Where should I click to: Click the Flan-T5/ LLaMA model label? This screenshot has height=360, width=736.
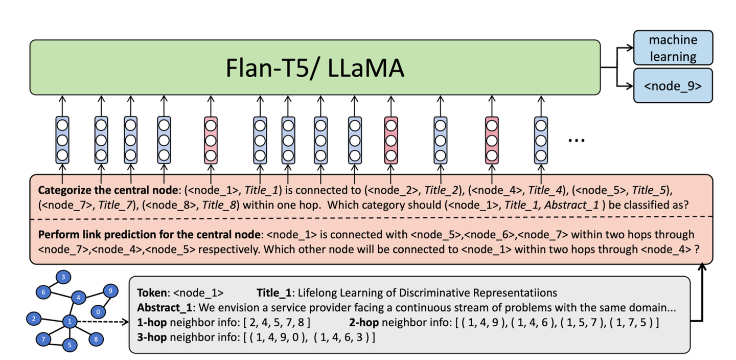315,68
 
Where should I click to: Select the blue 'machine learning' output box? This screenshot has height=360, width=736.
673,48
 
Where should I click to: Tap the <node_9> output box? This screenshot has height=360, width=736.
673,85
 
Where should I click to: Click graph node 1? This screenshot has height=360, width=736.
69,321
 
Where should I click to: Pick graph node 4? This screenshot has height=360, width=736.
78,297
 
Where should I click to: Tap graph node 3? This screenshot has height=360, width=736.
63,278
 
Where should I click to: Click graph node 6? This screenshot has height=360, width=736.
43,292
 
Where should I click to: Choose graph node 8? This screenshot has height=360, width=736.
95,339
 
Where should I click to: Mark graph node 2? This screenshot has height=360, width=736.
34,319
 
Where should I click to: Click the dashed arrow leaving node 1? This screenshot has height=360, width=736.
102,322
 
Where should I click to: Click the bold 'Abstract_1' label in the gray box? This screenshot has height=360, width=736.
165,308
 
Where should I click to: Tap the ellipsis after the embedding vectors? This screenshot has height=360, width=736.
577,140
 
